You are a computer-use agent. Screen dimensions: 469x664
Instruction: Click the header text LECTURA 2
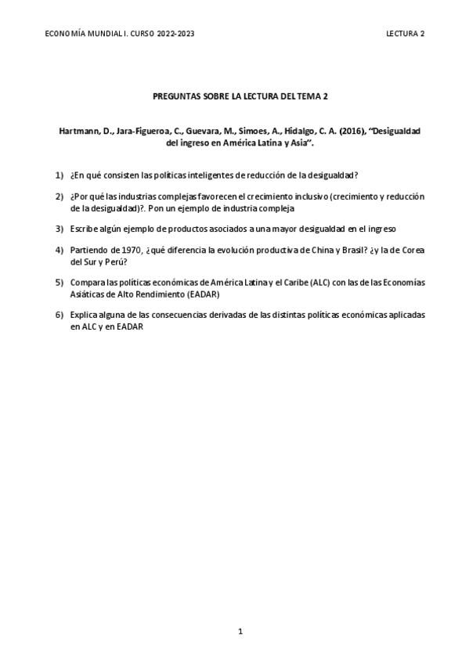406,34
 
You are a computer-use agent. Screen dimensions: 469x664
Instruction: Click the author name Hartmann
78,132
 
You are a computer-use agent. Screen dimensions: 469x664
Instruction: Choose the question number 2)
59,195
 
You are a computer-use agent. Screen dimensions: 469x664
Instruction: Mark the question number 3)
59,229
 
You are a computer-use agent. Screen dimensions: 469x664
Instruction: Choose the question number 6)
59,316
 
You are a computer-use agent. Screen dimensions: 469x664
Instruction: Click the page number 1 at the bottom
241,630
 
